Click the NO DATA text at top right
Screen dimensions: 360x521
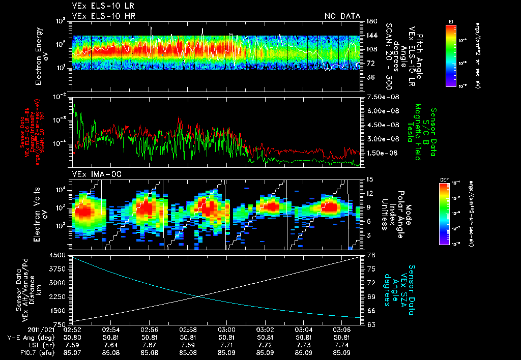342,16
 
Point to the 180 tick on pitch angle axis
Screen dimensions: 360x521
370,21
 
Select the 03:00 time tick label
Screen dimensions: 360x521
226,329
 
